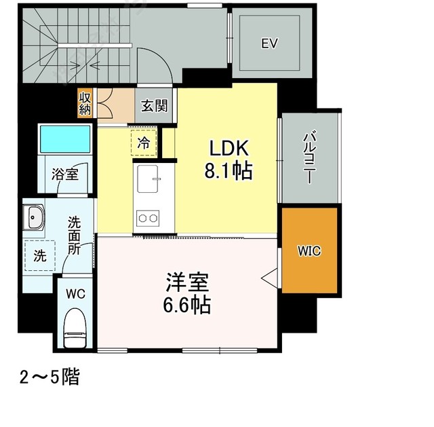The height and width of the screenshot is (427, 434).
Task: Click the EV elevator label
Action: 269,43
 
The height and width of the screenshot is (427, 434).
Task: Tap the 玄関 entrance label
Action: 155,106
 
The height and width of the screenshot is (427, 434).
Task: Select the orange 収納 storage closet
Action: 85,103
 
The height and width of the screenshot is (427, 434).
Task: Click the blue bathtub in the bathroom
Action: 65,138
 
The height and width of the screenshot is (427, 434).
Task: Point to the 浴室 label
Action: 65,174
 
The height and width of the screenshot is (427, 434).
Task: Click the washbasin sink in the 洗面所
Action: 33,217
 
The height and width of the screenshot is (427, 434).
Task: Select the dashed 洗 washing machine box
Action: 40,255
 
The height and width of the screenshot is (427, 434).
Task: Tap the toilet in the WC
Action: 75,328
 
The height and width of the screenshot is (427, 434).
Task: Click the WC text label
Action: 75,294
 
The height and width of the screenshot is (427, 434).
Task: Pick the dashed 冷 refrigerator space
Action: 144,143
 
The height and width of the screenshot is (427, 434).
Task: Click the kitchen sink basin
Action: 148,179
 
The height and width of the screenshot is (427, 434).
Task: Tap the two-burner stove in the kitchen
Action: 148,219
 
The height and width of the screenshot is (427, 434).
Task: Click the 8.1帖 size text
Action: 229,171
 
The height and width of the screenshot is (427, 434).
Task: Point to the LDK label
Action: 229,148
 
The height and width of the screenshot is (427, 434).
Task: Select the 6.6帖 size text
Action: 187,305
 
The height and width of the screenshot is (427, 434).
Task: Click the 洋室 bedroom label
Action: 187,282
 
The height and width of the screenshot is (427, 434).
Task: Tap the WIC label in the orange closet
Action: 309,251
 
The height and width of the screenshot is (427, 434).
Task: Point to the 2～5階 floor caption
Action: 50,377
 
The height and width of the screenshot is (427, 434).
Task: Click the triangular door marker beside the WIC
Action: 269,277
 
